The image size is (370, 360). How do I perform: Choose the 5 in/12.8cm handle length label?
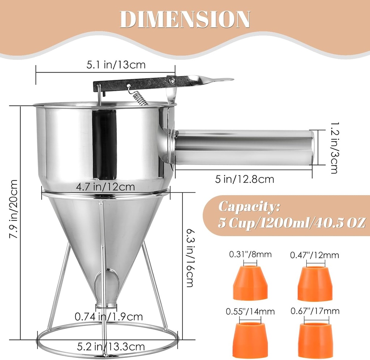[x=244, y=179]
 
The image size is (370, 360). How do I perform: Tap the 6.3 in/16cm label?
[x=189, y=257]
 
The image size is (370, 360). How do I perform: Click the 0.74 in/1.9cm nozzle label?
[x=109, y=317]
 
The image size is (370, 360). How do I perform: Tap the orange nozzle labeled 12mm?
[x=315, y=283]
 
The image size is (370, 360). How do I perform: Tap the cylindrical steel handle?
[x=244, y=147]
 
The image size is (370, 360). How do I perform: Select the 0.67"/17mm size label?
[x=315, y=310]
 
